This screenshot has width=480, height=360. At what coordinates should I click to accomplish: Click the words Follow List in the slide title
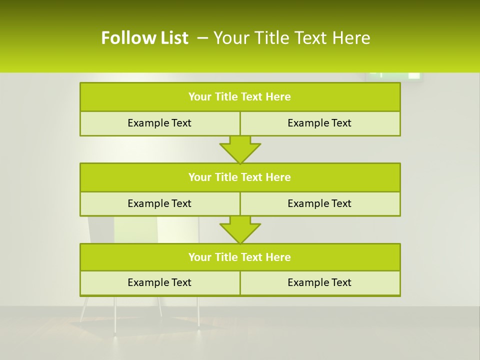144,38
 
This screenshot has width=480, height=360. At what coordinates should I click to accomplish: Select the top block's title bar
240,97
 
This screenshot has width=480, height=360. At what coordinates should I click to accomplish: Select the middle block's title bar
240,177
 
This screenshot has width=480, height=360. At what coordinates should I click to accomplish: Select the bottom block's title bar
240,257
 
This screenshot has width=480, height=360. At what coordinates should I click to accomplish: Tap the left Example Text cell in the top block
159,123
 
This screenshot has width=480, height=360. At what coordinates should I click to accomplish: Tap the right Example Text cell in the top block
320,123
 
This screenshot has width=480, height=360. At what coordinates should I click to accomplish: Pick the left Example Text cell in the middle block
159,203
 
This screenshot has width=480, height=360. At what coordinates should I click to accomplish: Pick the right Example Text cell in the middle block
320,203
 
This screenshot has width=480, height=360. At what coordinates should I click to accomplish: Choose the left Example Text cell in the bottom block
159,282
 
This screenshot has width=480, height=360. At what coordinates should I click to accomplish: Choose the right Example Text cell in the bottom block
320,282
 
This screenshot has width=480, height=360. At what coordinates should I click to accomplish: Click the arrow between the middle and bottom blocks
240,230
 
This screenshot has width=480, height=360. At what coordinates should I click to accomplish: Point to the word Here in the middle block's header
278,177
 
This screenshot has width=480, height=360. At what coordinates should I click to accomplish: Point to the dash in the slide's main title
202,38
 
